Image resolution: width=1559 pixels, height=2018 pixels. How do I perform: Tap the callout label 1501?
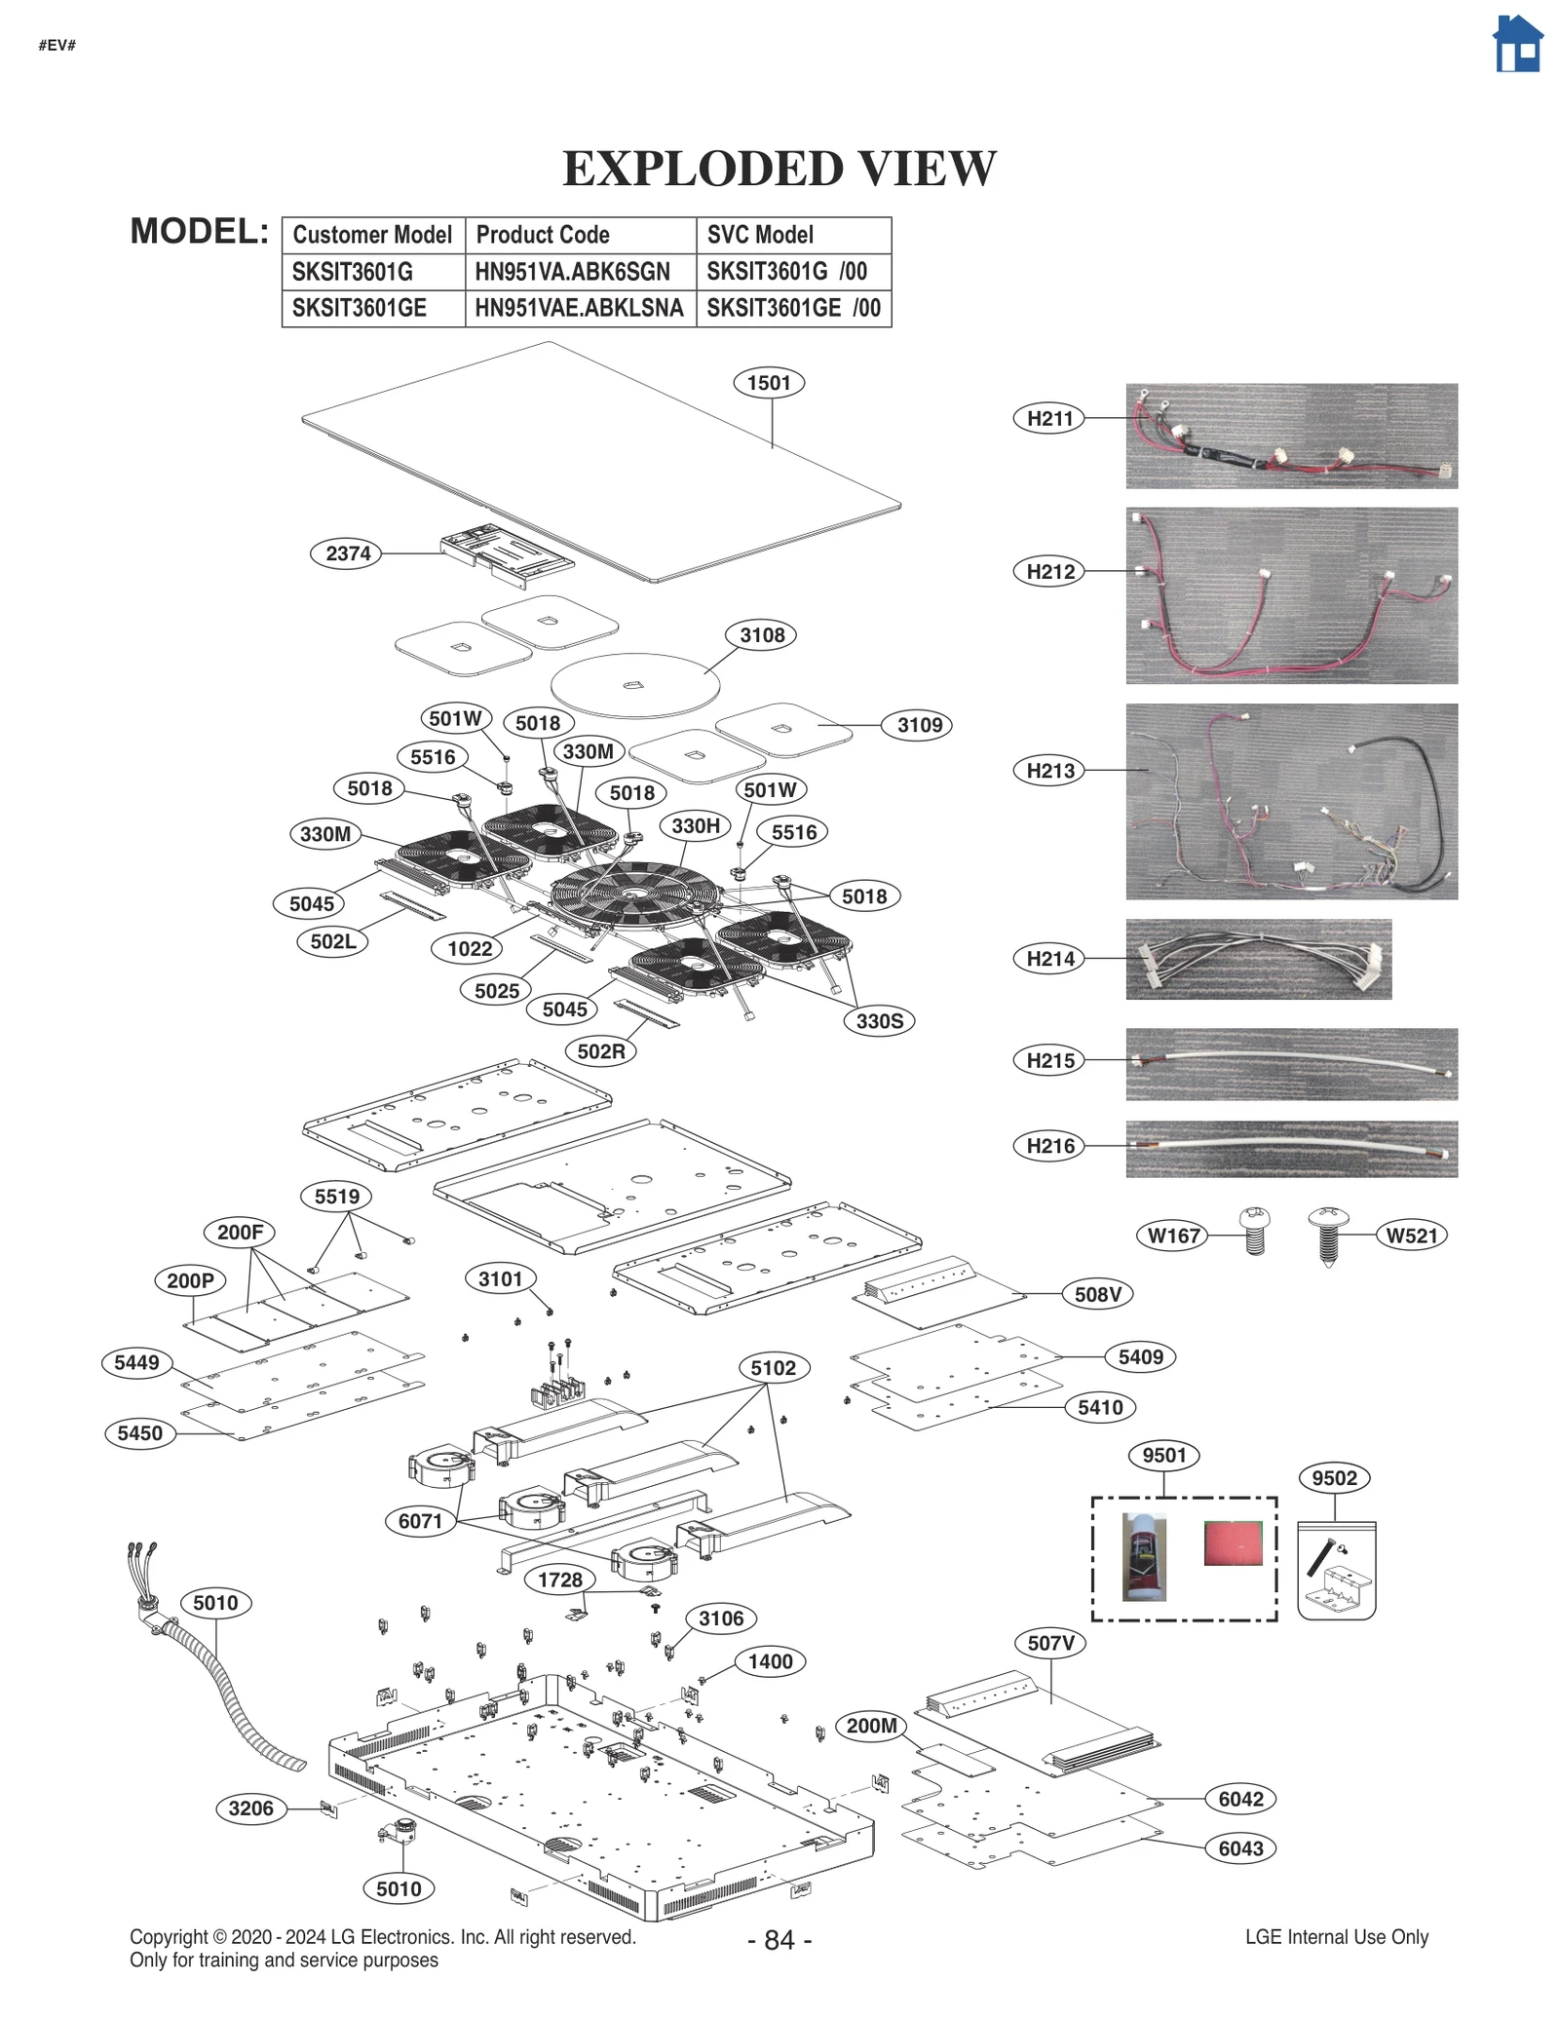pyautogui.click(x=769, y=383)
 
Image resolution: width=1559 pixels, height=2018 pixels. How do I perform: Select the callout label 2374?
pyautogui.click(x=347, y=553)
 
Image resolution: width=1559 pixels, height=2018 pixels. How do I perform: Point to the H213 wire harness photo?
pyautogui.click(x=1291, y=801)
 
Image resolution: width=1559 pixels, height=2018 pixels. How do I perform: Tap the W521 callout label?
pyautogui.click(x=1411, y=1236)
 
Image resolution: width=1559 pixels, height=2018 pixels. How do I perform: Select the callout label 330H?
pyautogui.click(x=695, y=826)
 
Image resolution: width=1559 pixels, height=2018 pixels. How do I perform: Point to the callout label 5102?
pyautogui.click(x=773, y=1368)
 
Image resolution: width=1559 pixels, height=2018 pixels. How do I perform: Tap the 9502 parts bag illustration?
pyautogui.click(x=1336, y=1571)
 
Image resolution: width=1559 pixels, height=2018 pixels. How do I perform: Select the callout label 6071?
pyautogui.click(x=420, y=1521)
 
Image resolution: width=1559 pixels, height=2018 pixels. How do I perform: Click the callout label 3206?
pyautogui.click(x=250, y=1809)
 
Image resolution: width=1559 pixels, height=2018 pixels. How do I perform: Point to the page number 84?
pyautogui.click(x=779, y=1940)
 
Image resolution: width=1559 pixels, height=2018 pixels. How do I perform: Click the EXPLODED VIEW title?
pyautogui.click(x=779, y=169)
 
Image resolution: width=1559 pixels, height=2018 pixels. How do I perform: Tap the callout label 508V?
pyautogui.click(x=1097, y=1294)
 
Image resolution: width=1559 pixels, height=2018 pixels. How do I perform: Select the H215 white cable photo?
pyautogui.click(x=1291, y=1064)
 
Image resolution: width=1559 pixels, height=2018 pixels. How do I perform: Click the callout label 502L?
pyautogui.click(x=332, y=941)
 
